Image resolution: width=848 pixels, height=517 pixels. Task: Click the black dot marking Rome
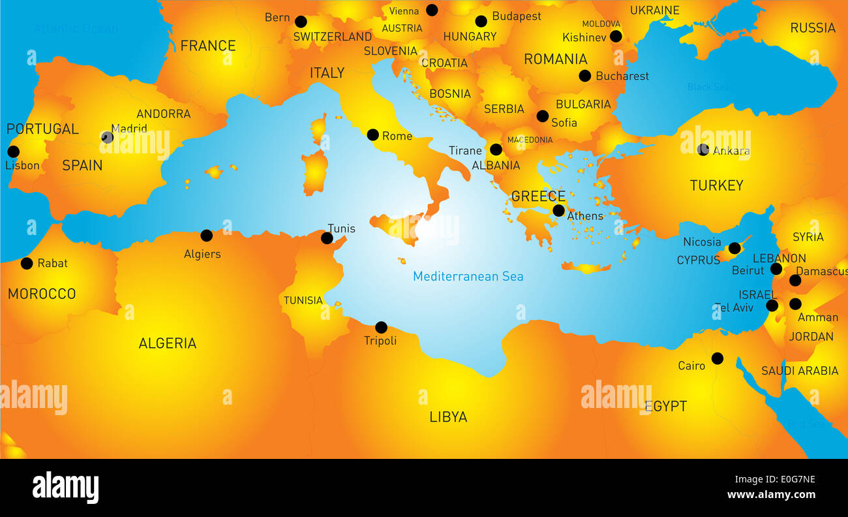372,135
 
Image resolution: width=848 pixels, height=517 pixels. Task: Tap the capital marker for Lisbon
13,152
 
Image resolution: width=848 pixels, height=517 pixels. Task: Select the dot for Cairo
717,358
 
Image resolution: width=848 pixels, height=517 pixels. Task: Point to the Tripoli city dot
381,328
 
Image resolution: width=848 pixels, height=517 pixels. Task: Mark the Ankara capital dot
703,149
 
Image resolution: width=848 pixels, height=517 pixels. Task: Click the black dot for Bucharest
584,76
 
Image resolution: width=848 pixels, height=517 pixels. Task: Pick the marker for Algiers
206,236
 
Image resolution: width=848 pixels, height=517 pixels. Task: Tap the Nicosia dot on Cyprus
734,248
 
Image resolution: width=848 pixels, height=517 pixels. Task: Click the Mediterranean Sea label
468,277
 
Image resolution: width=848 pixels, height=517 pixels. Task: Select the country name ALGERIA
167,343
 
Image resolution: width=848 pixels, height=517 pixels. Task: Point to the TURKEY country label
716,186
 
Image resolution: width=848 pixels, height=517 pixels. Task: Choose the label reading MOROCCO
42,294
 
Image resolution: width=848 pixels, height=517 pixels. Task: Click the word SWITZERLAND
332,37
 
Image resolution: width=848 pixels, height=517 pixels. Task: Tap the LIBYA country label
448,417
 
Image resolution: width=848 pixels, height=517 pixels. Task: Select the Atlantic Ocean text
76,29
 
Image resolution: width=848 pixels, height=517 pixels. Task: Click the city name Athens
585,216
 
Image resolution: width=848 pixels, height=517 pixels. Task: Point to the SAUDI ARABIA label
800,371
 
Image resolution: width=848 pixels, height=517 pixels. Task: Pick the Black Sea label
708,87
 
